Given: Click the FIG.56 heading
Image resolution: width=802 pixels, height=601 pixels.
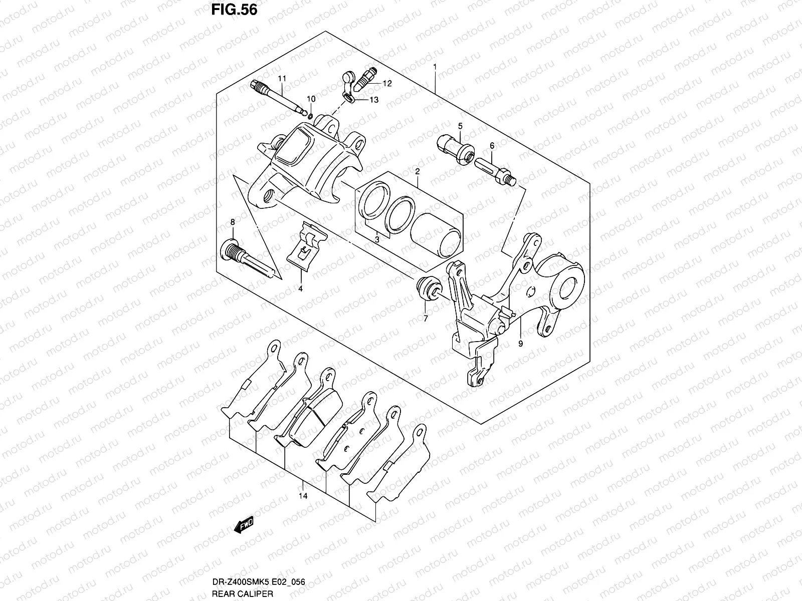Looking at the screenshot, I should (x=231, y=10).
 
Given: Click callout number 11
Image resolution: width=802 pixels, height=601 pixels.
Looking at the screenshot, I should (x=282, y=79).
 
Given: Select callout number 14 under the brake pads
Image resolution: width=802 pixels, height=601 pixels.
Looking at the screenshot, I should (x=303, y=496).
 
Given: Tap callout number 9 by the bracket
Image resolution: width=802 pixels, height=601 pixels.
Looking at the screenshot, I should (x=521, y=344).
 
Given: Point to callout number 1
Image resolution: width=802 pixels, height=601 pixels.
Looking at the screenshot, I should (x=435, y=67).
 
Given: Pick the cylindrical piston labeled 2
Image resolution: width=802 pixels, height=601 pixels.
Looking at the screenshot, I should (x=435, y=234).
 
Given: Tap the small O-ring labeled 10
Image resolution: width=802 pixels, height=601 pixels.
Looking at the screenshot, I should (x=311, y=117).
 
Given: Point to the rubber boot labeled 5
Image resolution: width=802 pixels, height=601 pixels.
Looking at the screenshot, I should (x=455, y=149).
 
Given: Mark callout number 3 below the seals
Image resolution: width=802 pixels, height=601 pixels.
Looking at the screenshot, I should (x=376, y=240).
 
